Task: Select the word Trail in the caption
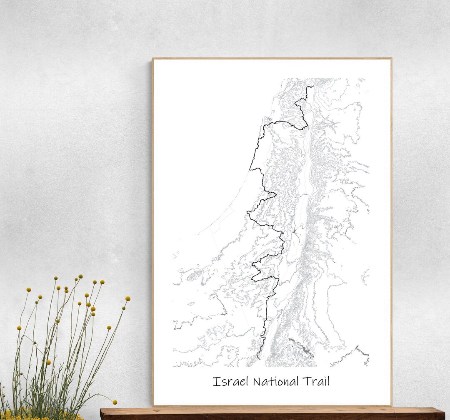(x=317, y=381)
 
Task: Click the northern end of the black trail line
(x=313, y=87)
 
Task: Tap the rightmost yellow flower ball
(x=127, y=298)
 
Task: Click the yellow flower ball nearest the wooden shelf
(x=115, y=402)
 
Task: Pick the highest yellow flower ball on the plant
(x=80, y=276)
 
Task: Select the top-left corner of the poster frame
(x=152, y=59)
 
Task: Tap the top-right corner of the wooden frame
(x=391, y=59)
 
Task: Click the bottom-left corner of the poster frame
(x=153, y=405)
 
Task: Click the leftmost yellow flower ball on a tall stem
(x=19, y=328)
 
